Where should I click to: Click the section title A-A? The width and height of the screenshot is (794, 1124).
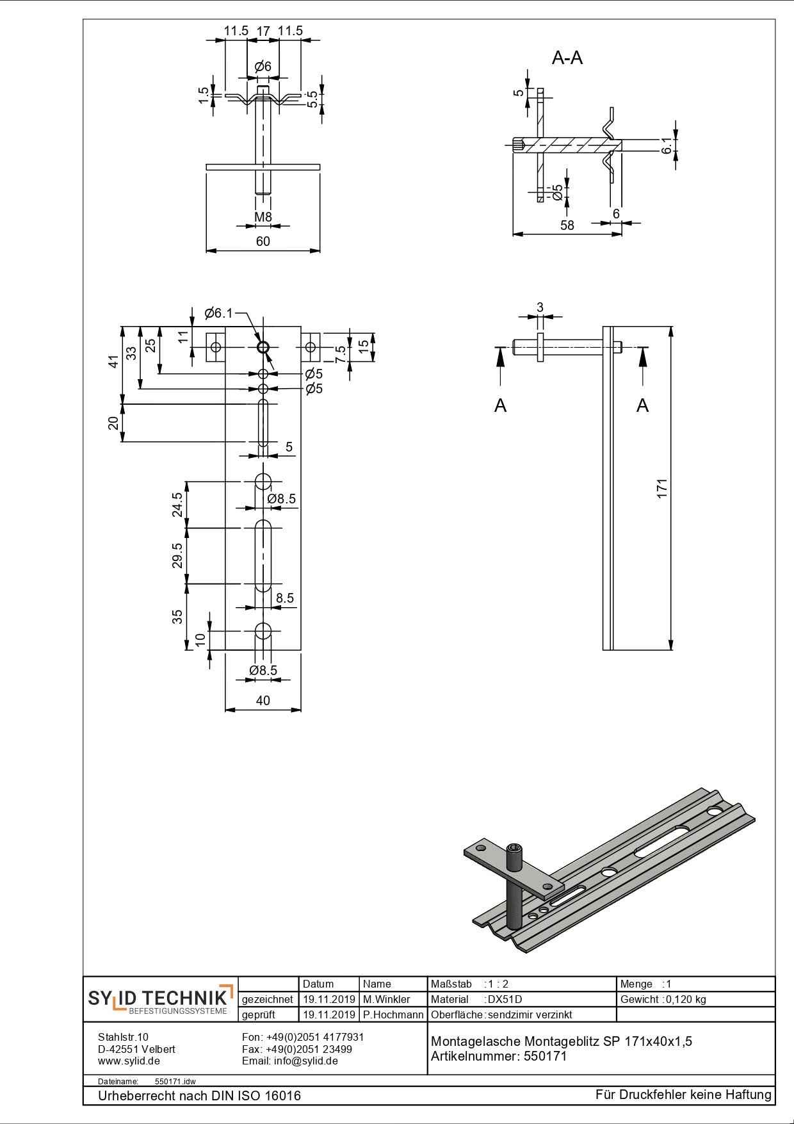[x=567, y=58]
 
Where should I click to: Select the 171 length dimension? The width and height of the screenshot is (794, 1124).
[x=662, y=488]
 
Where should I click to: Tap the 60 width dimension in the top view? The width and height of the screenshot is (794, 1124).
[x=263, y=241]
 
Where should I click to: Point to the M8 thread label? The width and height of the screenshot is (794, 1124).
[x=263, y=217]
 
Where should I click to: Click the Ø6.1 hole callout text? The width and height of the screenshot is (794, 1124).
[x=218, y=313]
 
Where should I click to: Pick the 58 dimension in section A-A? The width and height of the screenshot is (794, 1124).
[x=567, y=225]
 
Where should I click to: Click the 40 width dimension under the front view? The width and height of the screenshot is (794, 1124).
[x=263, y=701]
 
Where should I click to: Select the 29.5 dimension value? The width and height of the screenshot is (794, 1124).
[x=177, y=555]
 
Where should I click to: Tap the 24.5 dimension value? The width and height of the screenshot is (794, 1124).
[x=177, y=505]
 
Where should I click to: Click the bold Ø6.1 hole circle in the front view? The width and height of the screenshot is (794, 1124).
[x=263, y=347]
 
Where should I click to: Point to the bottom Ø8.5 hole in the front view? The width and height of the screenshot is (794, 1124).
[x=263, y=631]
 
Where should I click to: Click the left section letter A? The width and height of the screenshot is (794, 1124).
[x=501, y=405]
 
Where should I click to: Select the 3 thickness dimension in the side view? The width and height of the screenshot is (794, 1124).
[x=540, y=307]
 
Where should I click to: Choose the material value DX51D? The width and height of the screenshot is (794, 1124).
[x=505, y=999]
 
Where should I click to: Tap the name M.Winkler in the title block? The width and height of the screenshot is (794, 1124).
[x=386, y=999]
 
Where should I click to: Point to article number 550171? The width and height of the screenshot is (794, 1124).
[x=546, y=1056]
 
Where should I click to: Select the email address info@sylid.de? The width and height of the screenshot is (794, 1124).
[x=306, y=1061]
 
